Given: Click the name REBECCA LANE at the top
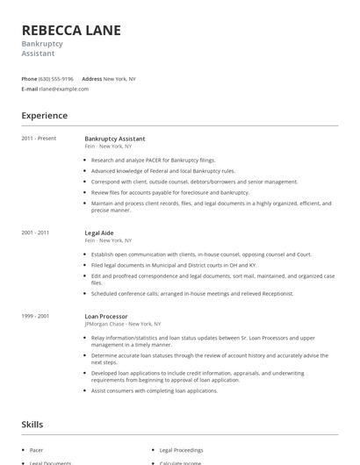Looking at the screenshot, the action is [x=71, y=31].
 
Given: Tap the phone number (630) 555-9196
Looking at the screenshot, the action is [x=56, y=78].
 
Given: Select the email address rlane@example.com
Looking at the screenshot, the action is [x=64, y=89].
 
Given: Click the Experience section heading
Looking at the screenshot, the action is [x=44, y=116].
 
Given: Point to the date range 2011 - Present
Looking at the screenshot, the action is [x=39, y=139].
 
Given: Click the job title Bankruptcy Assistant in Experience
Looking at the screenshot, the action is [x=115, y=139].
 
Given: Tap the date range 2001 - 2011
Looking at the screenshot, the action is [x=36, y=232].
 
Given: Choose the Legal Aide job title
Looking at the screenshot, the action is [x=100, y=232].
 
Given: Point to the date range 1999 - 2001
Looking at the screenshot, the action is [x=36, y=316].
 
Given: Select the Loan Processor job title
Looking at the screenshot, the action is [x=106, y=316].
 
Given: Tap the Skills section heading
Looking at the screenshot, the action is [x=33, y=425].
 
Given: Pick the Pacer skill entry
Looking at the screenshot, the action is [x=37, y=447].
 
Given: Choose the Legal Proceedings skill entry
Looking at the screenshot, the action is [x=183, y=447].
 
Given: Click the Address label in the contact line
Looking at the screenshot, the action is [x=92, y=78].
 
